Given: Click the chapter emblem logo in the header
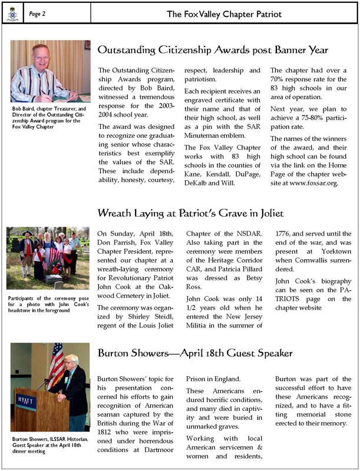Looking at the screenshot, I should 12,14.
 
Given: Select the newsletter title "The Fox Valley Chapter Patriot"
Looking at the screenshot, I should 223,14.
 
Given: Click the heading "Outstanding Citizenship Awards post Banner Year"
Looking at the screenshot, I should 212,50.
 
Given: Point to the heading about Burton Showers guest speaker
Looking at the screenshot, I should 194,353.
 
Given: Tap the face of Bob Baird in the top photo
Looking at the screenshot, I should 40,56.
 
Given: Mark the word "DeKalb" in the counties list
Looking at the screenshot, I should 198,183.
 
